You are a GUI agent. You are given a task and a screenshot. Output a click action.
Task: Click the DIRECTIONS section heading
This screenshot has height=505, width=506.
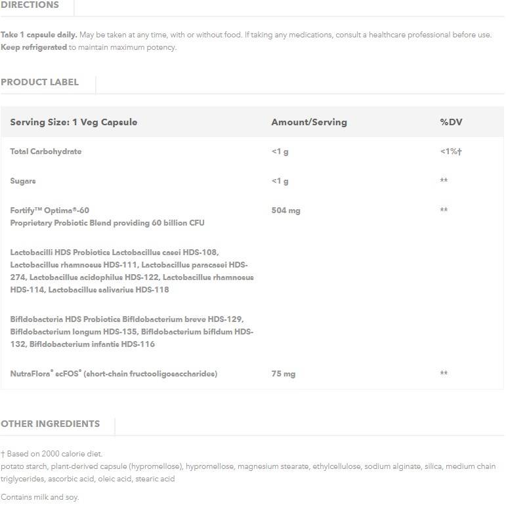point(30,5)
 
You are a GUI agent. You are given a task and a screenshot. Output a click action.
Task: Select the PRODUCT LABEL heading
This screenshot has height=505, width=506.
point(39,82)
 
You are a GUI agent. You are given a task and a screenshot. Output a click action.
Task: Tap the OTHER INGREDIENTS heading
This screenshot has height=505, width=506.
point(50,424)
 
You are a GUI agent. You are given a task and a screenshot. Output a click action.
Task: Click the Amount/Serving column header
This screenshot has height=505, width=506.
point(308,122)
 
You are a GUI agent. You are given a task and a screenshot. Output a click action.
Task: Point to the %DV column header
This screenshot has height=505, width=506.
point(451,122)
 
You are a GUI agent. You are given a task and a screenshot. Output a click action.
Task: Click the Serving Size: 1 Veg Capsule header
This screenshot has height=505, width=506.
point(74,122)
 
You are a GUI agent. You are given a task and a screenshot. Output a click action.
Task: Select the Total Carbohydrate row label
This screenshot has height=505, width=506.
point(46,151)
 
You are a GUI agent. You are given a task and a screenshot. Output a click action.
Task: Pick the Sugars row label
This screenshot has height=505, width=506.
point(23,181)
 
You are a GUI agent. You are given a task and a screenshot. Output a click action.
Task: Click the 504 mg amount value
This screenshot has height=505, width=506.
point(285,211)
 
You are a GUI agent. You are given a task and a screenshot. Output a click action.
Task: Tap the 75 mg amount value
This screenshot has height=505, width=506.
point(283,374)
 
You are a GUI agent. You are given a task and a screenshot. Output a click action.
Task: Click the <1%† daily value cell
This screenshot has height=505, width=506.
point(451,151)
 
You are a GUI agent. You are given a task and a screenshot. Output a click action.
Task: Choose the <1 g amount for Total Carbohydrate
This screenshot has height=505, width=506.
point(280,151)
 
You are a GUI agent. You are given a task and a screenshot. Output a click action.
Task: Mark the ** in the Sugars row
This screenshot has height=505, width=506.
point(444,181)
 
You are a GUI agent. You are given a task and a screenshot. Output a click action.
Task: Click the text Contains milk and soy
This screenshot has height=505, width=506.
point(39,497)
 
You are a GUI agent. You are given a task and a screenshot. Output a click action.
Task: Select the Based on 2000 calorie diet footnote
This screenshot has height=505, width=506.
point(54,454)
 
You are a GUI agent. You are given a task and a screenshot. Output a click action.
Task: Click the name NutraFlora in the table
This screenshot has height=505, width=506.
point(31,374)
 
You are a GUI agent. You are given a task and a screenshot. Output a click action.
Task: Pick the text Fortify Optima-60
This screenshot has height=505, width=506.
point(49,211)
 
